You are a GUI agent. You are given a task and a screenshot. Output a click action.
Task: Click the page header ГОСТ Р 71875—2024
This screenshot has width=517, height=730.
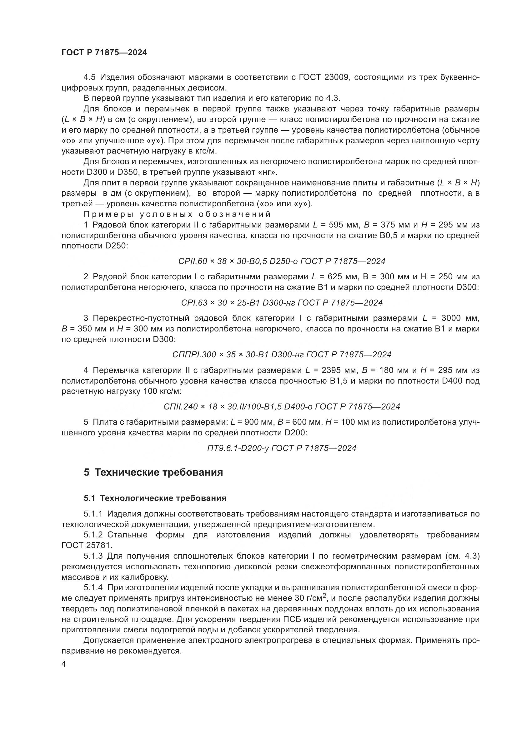(104, 53)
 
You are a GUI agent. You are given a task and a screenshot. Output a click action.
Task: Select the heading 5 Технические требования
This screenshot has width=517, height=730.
(153, 473)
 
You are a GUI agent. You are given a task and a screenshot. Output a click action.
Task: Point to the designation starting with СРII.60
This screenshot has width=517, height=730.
(282, 261)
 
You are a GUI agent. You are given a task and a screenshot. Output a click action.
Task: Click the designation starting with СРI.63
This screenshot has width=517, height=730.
(282, 303)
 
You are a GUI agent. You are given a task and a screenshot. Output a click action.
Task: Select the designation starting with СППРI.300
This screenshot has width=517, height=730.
(282, 355)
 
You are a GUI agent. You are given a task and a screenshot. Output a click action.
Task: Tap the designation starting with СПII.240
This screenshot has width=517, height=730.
(282, 407)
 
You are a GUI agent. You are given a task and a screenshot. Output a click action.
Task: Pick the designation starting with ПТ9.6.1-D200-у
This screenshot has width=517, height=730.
(282, 448)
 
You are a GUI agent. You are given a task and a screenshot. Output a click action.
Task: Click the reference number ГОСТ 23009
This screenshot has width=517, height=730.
(324, 77)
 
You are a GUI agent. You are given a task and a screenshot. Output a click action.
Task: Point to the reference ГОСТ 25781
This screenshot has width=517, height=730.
(87, 545)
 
